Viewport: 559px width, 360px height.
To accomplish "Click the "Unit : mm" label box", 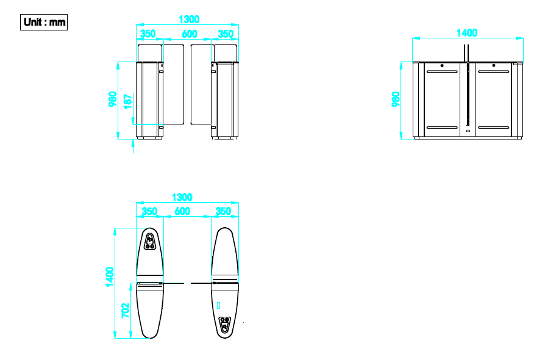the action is pyautogui.click(x=44, y=22).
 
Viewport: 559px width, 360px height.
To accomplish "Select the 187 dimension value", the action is pyautogui.click(x=127, y=101).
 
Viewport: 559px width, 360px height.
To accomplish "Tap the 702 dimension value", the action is pyautogui.click(x=126, y=310).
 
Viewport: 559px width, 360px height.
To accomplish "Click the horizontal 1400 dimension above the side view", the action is pyautogui.click(x=467, y=33).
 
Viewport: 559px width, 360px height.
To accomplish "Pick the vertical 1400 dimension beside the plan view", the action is pyautogui.click(x=110, y=277).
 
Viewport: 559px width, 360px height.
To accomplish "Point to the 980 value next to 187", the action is pyautogui.click(x=113, y=99).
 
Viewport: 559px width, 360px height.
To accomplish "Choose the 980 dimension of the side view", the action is pyautogui.click(x=396, y=99).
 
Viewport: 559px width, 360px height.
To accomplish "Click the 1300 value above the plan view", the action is pyautogui.click(x=182, y=197).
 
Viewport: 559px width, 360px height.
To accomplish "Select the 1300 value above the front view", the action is pyautogui.click(x=189, y=19).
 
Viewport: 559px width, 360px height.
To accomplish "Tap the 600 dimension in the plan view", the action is pyautogui.click(x=182, y=211).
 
